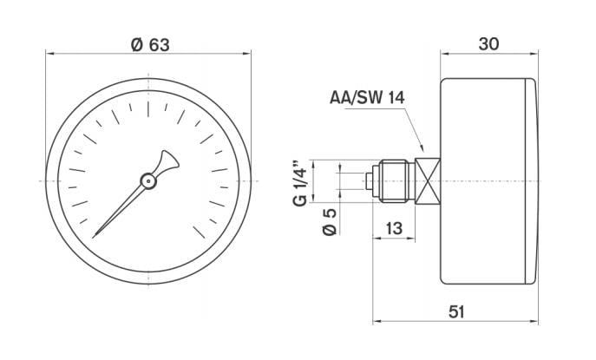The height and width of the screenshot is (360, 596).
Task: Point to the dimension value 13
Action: (393, 228)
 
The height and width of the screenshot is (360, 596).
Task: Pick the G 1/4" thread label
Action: (299, 182)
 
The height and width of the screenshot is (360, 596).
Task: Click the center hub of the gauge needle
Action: (148, 180)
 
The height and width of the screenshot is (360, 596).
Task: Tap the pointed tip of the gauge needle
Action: (94, 235)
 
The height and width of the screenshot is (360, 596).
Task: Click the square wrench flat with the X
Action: (428, 180)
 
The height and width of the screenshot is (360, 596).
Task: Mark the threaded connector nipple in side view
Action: (394, 180)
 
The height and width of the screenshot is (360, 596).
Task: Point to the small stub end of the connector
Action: (370, 180)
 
